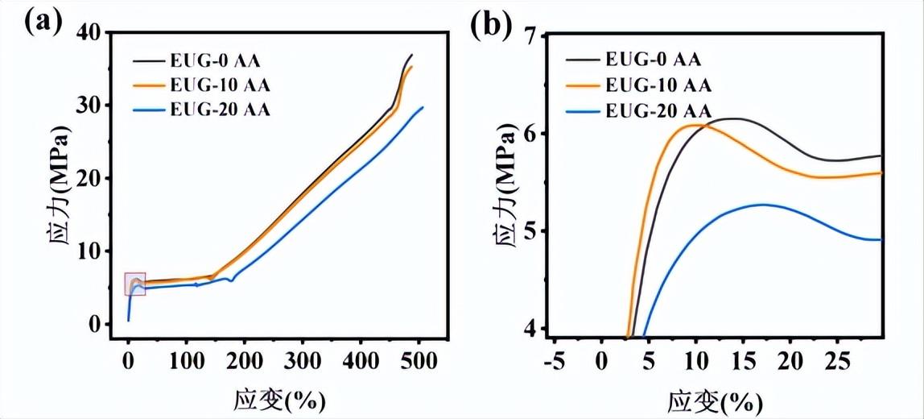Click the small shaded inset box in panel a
tap(135, 284)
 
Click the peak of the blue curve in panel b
tap(761, 205)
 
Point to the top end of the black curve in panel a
tap(411, 55)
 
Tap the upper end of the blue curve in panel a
tap(423, 107)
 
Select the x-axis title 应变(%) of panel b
tap(714, 400)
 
